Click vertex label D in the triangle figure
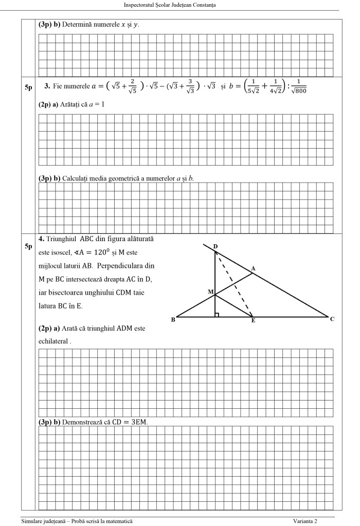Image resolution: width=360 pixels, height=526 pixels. coord(215,247)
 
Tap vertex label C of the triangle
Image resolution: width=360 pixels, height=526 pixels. coord(332,319)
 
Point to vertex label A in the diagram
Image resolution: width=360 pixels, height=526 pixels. coord(254,268)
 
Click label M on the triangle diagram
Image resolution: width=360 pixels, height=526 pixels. coord(210,292)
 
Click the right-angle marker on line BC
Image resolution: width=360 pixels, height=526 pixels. coord(217,315)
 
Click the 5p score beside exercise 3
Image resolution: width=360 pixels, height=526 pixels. coord(29,88)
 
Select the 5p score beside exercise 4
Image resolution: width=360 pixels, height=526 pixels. coord(29,246)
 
